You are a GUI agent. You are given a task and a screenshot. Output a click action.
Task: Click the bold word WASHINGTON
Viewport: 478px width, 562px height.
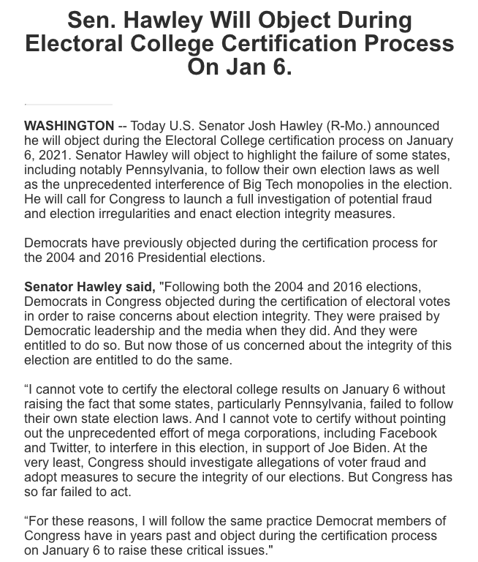[69, 126]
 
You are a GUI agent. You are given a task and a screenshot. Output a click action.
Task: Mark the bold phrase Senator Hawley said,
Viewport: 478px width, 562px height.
[90, 287]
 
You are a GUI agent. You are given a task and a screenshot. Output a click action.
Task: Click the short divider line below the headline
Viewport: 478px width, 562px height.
[68, 104]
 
